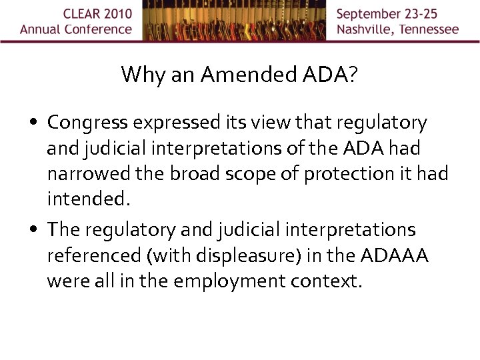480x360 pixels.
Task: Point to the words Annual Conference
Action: tap(76, 29)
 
